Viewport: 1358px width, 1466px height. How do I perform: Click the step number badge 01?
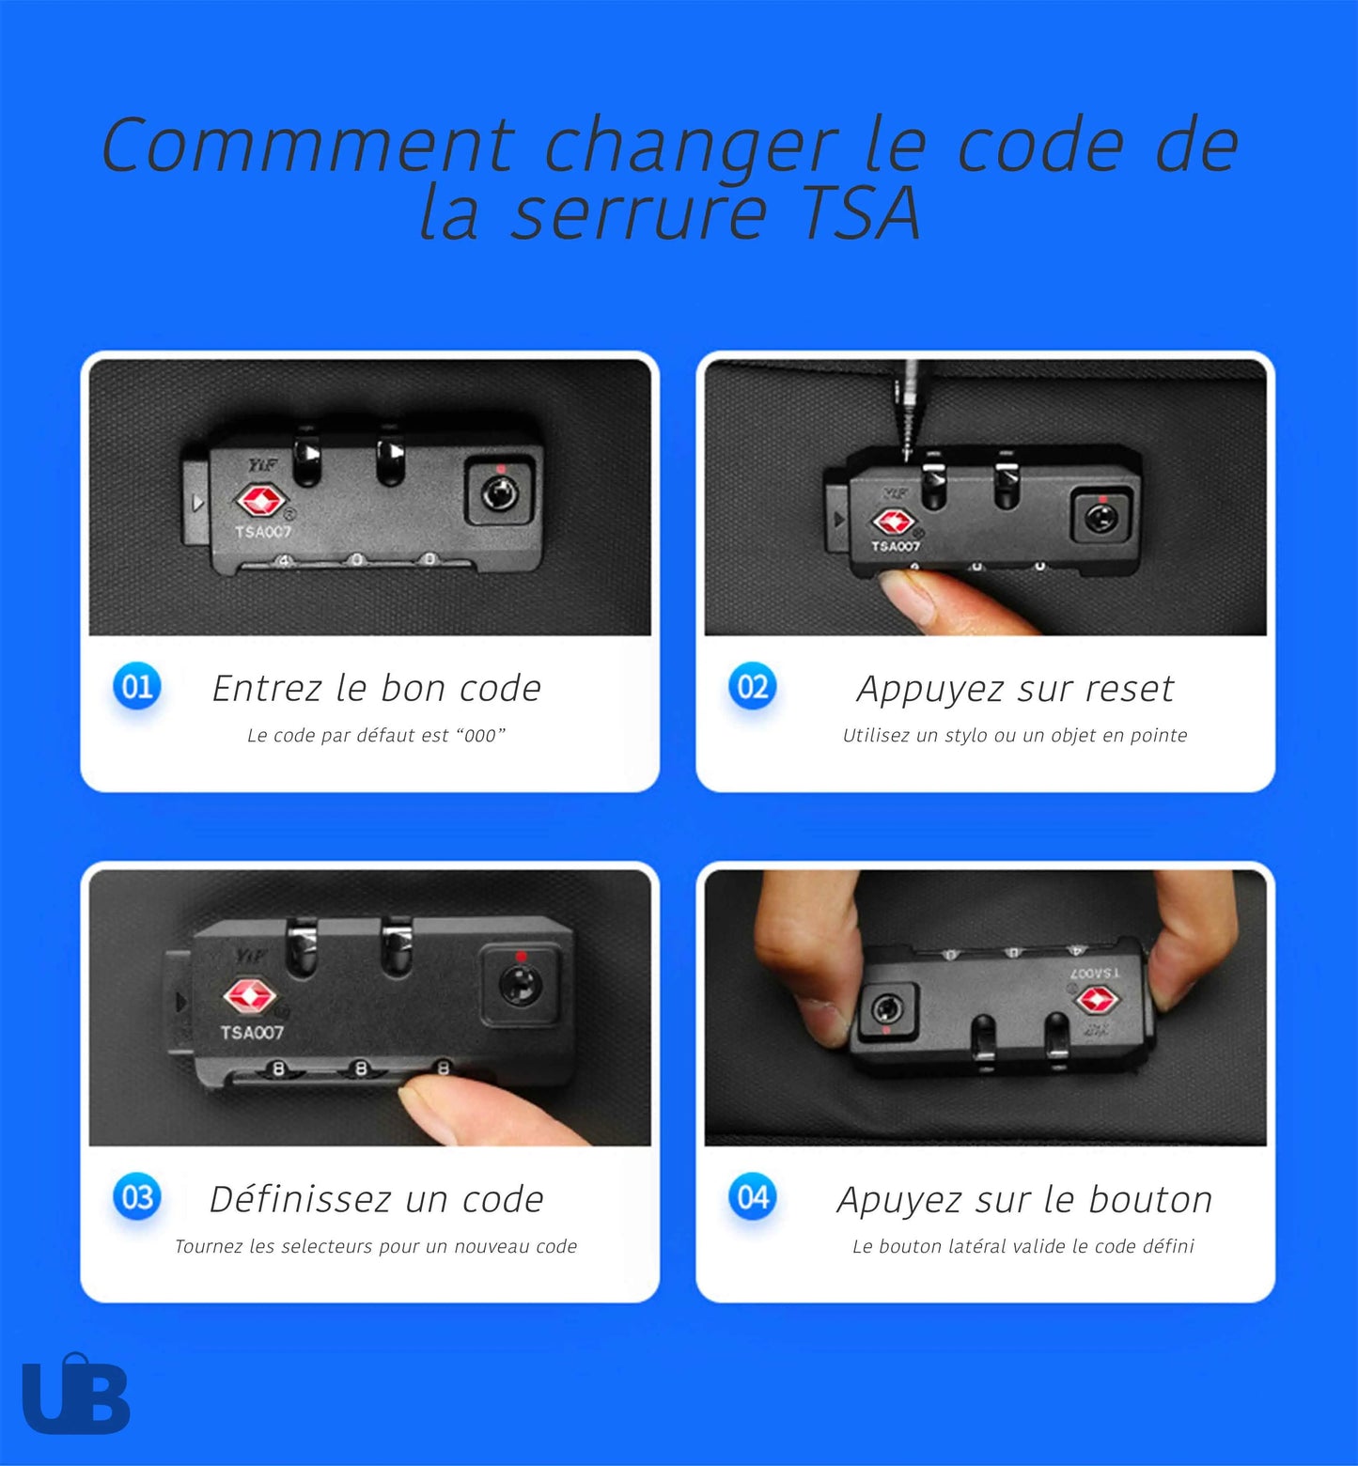click(137, 686)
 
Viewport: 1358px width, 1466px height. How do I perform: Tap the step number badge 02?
click(753, 686)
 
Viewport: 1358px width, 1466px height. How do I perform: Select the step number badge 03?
click(137, 1197)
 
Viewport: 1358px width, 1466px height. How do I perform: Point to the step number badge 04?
click(753, 1197)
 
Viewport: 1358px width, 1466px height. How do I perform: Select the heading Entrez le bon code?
click(377, 688)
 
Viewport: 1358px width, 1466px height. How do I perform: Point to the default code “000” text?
click(480, 735)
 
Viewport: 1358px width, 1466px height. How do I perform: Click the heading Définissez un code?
click(376, 1199)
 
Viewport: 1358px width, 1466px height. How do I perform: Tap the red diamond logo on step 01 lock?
click(258, 501)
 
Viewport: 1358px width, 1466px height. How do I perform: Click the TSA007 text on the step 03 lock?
click(252, 1033)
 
